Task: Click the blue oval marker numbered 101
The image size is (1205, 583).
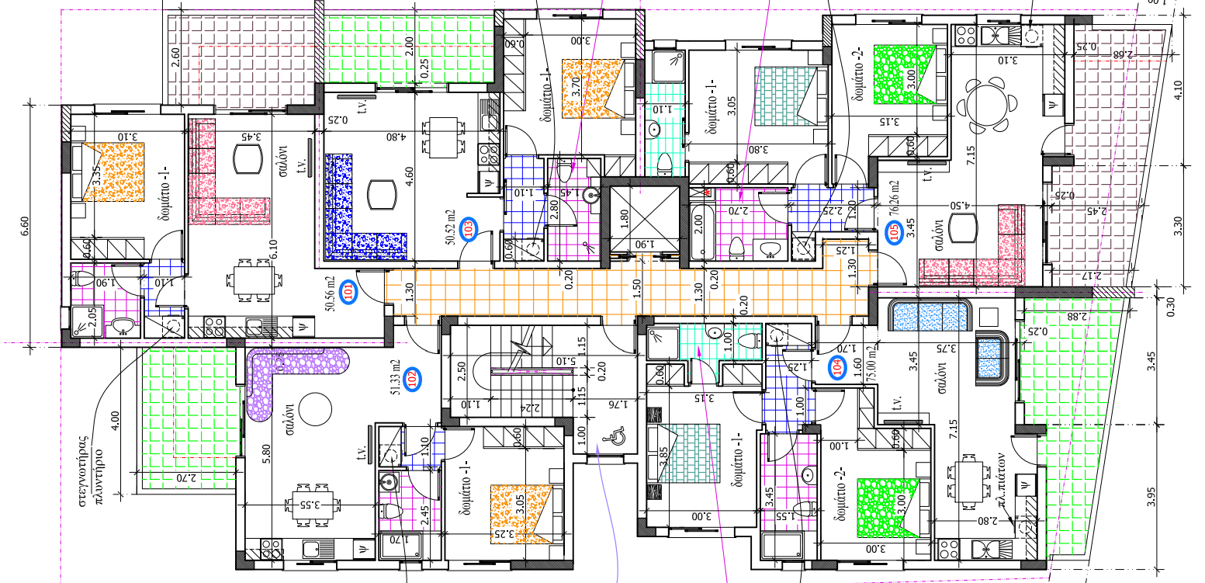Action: coord(349,292)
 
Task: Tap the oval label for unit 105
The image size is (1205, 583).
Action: coord(894,231)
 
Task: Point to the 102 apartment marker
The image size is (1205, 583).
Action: coord(412,379)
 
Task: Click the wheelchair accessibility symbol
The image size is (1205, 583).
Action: coord(611,439)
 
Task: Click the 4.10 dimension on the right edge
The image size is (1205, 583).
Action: coord(1178,98)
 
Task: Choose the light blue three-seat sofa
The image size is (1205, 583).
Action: coord(929,318)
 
